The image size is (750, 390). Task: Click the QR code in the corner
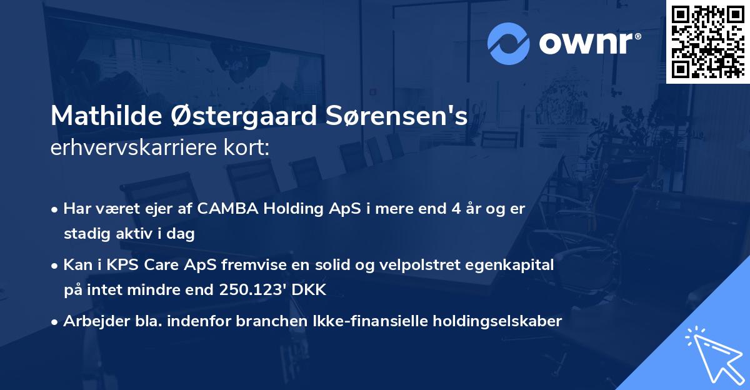click(708, 41)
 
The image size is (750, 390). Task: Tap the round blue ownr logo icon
click(507, 44)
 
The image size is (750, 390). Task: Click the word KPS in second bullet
click(120, 265)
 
